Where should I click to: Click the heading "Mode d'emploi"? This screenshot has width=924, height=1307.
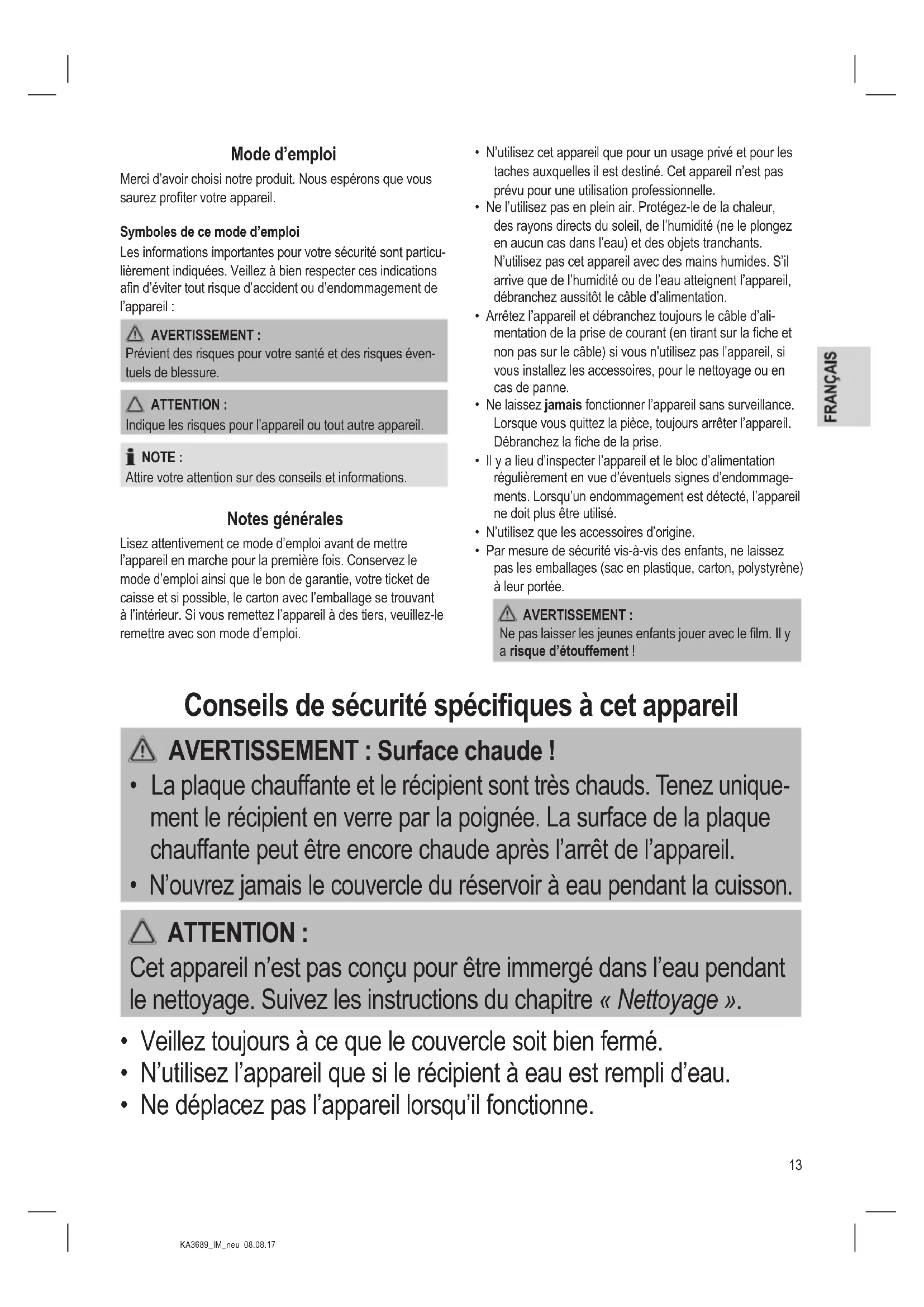(x=283, y=154)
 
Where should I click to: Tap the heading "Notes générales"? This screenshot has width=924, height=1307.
(x=284, y=519)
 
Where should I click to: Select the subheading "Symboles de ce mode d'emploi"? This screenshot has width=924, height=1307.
(x=209, y=232)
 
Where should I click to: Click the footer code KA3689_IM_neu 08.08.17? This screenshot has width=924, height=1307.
(x=227, y=1245)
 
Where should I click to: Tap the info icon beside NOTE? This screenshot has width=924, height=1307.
(x=131, y=457)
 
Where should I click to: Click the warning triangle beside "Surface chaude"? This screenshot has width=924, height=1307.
(x=142, y=750)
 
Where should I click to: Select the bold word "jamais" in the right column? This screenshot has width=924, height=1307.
(x=563, y=405)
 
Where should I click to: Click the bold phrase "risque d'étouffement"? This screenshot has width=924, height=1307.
(x=568, y=651)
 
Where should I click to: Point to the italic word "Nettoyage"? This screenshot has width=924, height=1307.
(x=668, y=1001)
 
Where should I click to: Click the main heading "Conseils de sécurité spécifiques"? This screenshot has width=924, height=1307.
(x=461, y=706)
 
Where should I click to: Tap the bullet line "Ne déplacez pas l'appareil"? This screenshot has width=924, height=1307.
(x=367, y=1105)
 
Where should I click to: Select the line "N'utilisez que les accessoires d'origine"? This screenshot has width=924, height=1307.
(x=590, y=533)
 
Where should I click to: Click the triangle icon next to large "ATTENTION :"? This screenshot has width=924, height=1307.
(x=142, y=933)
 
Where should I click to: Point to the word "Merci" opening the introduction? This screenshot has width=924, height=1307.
(x=134, y=179)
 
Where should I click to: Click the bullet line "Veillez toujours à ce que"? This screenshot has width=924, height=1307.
(x=401, y=1041)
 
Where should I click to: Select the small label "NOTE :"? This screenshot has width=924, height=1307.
(x=161, y=458)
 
